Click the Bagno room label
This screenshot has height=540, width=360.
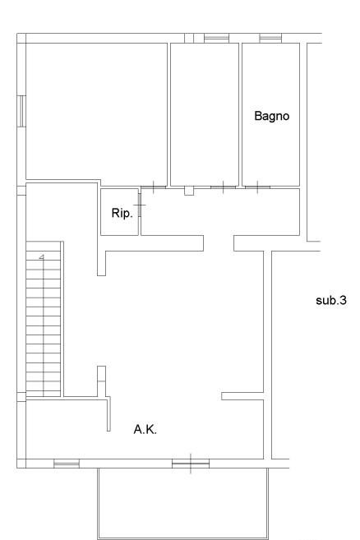click(x=271, y=116)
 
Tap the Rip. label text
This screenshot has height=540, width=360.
click(x=122, y=213)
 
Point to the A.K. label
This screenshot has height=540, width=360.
click(x=145, y=429)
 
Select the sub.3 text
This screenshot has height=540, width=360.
click(x=331, y=300)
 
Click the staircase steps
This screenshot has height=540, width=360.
click(x=44, y=319)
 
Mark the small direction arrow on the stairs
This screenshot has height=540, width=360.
click(x=42, y=256)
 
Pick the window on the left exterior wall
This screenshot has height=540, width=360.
click(x=21, y=111)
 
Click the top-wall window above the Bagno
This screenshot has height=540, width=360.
click(x=270, y=38)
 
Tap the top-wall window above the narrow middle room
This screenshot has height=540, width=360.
click(x=216, y=38)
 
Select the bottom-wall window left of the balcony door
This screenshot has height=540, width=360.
click(x=67, y=464)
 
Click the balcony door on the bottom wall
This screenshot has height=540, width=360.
click(x=191, y=464)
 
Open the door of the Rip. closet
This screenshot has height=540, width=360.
click(x=140, y=205)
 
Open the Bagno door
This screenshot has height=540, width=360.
click(x=258, y=187)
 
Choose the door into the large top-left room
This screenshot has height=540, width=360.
click(x=154, y=187)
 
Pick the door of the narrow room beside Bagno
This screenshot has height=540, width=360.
click(x=224, y=187)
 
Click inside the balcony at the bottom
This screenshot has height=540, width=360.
click(x=183, y=503)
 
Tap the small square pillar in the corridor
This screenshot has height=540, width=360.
click(x=189, y=191)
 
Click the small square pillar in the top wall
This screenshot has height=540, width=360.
click(x=189, y=38)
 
